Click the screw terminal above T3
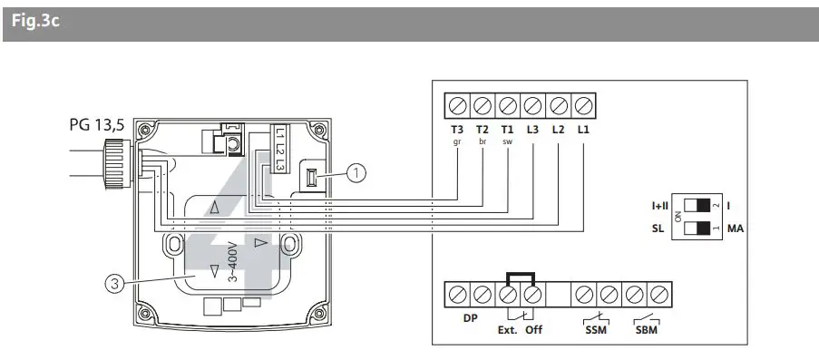(x=457, y=106)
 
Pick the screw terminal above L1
(x=584, y=106)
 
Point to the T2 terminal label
(x=483, y=131)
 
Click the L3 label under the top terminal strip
(x=533, y=131)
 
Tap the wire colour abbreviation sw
(x=507, y=143)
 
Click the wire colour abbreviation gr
(x=457, y=143)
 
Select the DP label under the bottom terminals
(x=470, y=318)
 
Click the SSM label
(x=595, y=330)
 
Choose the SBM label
(x=647, y=330)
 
